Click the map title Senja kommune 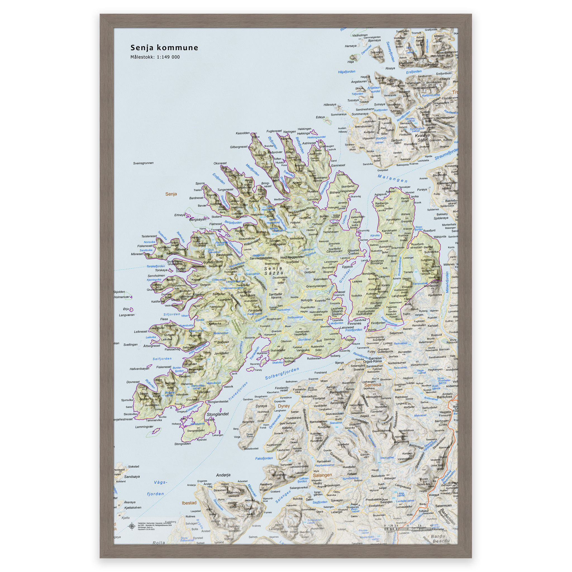point(164,48)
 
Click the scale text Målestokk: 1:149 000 point(155,57)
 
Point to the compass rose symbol point(132,526)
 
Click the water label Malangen point(392,178)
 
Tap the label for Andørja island point(223,475)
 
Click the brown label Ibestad point(189,503)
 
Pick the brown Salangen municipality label point(322,475)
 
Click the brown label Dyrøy point(284,406)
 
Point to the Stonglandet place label point(217,414)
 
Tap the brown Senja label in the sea point(171,194)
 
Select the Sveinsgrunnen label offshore point(143,163)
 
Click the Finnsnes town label point(354,323)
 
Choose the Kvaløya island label point(422,135)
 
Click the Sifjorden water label point(172,314)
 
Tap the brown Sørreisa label point(373,385)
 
